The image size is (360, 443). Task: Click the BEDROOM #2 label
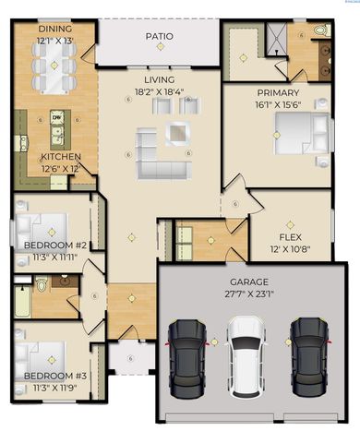54,245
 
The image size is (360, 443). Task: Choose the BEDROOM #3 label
54,376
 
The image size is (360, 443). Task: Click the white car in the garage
246,353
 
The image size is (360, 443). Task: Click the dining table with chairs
54,65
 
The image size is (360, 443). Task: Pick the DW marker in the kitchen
56,118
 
